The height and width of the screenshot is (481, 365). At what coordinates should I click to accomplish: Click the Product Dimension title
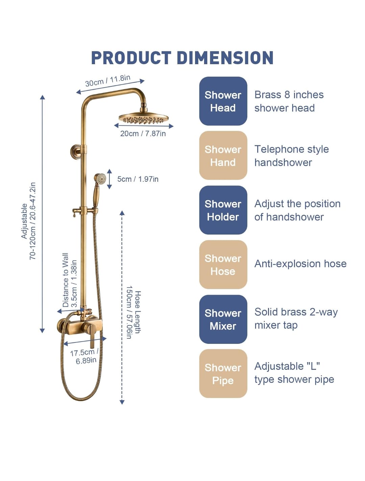click(x=182, y=58)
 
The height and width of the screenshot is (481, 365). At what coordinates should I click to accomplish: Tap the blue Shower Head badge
click(x=223, y=101)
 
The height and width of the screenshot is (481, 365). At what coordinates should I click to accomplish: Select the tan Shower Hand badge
click(x=223, y=155)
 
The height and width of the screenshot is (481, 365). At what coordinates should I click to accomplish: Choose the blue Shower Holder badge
click(x=223, y=210)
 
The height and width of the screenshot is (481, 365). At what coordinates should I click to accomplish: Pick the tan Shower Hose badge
click(x=223, y=264)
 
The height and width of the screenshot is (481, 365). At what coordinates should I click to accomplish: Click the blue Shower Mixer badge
click(x=223, y=319)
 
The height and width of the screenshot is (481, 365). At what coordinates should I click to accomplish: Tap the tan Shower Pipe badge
click(x=223, y=373)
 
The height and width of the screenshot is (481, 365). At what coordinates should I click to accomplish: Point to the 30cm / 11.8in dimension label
click(x=107, y=81)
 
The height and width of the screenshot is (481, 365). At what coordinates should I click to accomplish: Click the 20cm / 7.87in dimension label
click(x=143, y=133)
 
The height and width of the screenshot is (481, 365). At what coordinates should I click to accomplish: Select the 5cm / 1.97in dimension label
click(x=138, y=179)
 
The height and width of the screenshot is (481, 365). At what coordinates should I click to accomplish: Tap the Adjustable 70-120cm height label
click(x=28, y=221)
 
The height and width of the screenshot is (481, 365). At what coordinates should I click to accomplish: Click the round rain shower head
click(x=144, y=118)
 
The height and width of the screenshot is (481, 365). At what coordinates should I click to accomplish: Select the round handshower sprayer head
click(x=100, y=179)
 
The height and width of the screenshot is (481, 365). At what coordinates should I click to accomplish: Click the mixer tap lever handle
click(x=91, y=334)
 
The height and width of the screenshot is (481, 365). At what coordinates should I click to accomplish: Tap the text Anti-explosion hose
click(x=300, y=263)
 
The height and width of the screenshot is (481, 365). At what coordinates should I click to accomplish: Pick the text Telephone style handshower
click(x=292, y=156)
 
